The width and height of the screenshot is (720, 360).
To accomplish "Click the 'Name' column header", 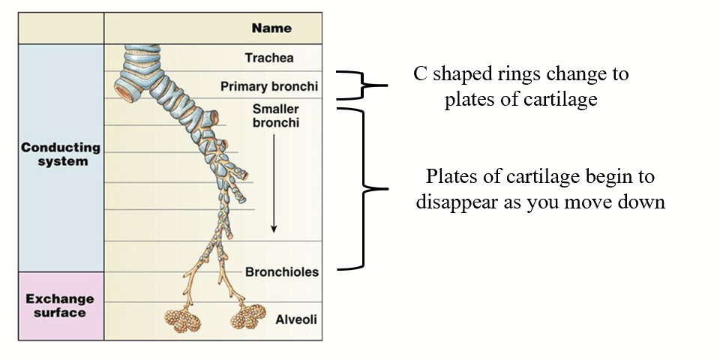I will [271, 28].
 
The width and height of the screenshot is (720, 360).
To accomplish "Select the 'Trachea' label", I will [269, 58].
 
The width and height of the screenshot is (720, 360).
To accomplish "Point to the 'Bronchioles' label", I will [281, 272].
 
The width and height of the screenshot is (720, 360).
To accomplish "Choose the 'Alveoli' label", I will [295, 319].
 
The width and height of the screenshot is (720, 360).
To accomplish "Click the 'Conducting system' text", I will [60, 154].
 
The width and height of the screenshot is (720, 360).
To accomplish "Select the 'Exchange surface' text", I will [60, 305].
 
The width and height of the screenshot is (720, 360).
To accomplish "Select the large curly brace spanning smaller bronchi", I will [363, 187].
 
